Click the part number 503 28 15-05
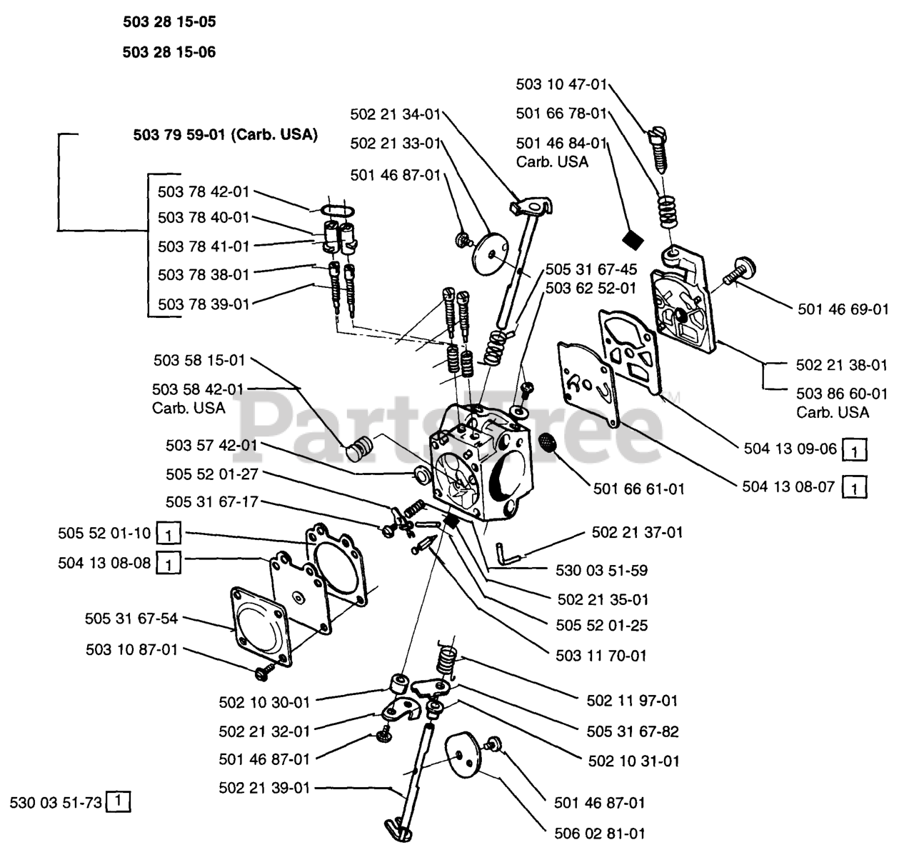point(169,22)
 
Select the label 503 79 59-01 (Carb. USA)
point(225,134)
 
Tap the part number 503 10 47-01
point(561,84)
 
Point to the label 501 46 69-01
point(843,309)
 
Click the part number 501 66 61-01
point(638,489)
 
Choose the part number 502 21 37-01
point(637,532)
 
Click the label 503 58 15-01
point(199,361)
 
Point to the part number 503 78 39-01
point(204,304)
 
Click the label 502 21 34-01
point(396,114)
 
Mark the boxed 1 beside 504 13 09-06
point(855,450)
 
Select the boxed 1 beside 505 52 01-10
point(168,534)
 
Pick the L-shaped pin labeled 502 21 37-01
point(503,553)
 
